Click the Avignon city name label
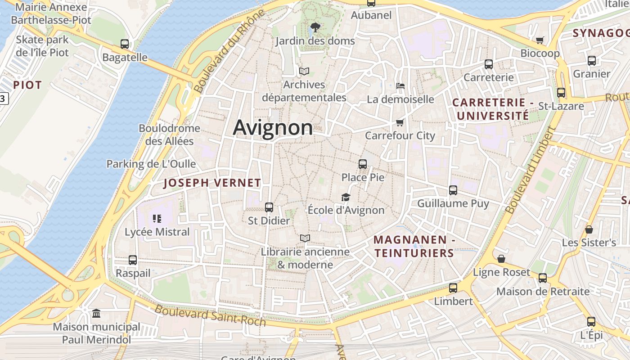(273, 127)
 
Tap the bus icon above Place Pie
(363, 164)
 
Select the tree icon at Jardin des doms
(315, 27)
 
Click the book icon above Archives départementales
(304, 71)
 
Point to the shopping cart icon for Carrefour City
(400, 122)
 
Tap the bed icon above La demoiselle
(400, 85)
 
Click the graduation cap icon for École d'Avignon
(346, 197)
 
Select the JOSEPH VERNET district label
(212, 183)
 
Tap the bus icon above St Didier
(269, 207)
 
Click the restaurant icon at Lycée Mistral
(157, 219)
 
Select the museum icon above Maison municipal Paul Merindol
(96, 313)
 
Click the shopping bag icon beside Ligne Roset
(501, 259)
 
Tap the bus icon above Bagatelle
(125, 44)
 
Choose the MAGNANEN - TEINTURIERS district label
(414, 246)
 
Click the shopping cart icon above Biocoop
(540, 40)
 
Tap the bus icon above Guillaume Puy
(453, 190)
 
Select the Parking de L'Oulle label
(151, 164)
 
